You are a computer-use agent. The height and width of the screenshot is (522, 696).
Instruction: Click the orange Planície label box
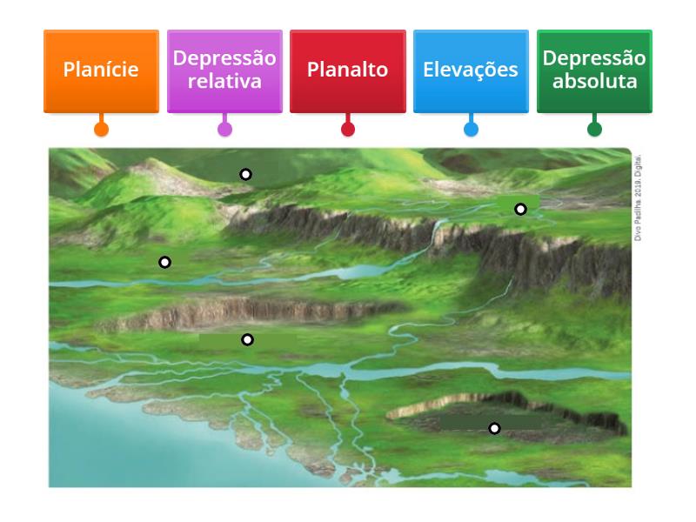[101, 71]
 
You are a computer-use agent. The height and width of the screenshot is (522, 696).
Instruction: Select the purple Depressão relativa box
[224, 71]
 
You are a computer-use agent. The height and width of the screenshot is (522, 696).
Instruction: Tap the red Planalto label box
[347, 71]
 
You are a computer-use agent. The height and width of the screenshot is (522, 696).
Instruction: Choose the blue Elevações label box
[471, 71]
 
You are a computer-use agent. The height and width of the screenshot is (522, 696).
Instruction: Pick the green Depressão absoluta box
[594, 71]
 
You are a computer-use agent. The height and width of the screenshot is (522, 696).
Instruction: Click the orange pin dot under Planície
[101, 129]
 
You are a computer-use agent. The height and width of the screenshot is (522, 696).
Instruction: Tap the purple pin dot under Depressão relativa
[224, 129]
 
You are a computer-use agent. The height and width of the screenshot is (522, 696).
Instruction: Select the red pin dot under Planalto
[347, 129]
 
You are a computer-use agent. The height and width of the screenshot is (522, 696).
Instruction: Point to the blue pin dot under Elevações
[471, 129]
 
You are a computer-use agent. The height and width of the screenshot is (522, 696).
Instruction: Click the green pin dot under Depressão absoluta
[594, 129]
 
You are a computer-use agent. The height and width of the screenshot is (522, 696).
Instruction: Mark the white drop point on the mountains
[245, 175]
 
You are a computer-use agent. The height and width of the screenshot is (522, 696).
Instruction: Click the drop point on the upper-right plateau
[520, 209]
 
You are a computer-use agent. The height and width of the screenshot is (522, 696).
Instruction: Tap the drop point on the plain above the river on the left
[164, 263]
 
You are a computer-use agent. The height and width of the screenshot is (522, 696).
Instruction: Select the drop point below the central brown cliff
[247, 339]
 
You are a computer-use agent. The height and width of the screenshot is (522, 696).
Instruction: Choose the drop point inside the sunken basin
[494, 428]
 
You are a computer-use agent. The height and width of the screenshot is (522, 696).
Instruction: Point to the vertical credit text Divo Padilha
[638, 197]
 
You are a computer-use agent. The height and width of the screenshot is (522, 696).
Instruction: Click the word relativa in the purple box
[224, 81]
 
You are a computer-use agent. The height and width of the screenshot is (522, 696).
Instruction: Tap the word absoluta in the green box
[595, 81]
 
